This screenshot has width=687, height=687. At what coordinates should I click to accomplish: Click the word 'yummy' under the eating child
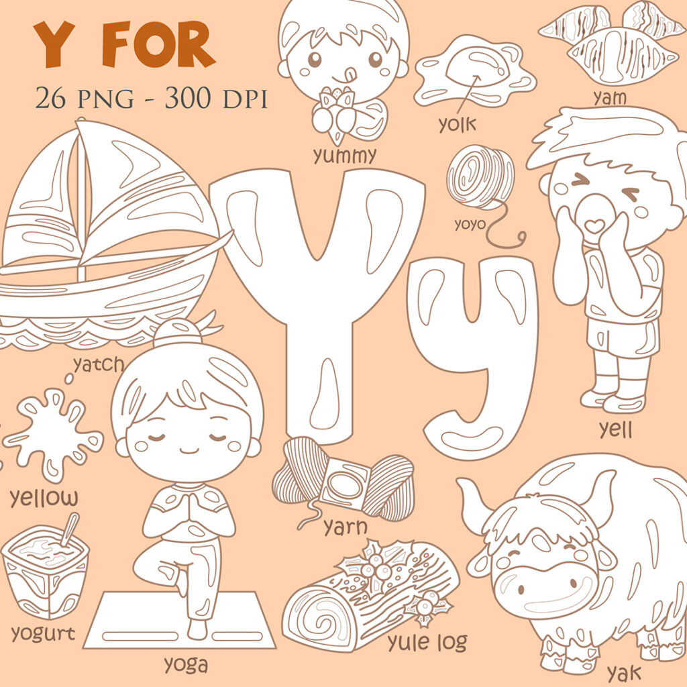344,156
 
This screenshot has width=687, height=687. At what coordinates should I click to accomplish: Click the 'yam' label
610,98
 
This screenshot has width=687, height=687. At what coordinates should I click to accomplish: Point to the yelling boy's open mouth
594,225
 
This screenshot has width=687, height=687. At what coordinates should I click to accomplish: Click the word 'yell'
615,429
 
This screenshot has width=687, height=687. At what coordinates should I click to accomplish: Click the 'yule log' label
427,642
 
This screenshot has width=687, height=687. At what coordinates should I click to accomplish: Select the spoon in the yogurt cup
68,531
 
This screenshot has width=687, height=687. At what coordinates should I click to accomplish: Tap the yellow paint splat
54,436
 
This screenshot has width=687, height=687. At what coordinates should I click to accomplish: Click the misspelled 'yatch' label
99,364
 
